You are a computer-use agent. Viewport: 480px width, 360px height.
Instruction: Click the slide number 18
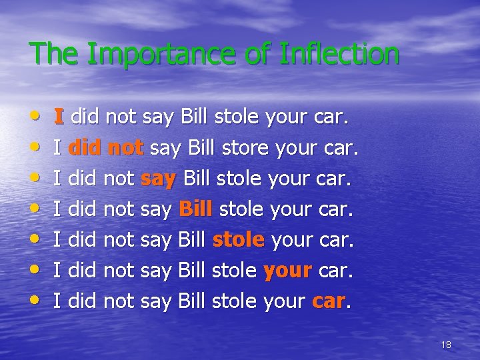tap(446, 345)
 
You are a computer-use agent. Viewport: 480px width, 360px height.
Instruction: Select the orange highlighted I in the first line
tap(59, 117)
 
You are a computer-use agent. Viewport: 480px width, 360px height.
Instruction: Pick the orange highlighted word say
tap(159, 179)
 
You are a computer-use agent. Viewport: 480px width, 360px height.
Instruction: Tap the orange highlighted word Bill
tap(195, 209)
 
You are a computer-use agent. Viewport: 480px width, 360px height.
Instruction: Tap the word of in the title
tap(259, 54)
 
